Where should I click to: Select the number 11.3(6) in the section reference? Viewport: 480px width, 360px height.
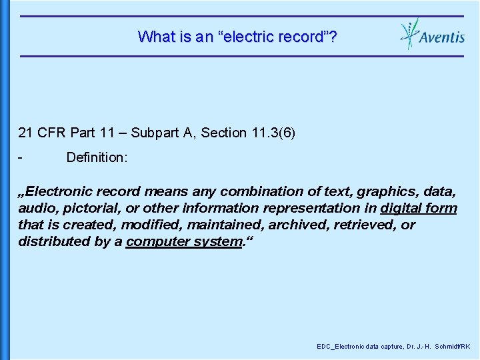(271, 133)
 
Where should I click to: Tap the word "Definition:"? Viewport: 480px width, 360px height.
(97, 158)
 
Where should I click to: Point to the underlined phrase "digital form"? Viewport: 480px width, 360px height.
(419, 208)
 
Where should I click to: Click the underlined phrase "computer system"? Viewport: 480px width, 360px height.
(183, 241)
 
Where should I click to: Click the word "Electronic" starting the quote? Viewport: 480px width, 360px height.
(65, 191)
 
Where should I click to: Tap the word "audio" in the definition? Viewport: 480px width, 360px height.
(35, 208)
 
